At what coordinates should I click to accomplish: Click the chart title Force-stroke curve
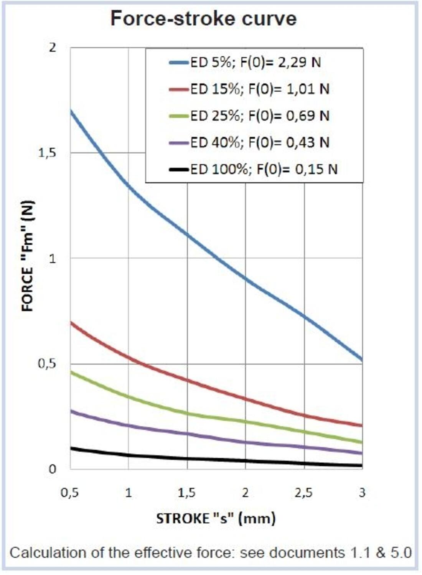(204, 18)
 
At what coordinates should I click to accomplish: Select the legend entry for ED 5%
(255, 62)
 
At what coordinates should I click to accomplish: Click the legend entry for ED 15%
(260, 89)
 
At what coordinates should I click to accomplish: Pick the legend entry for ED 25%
(260, 116)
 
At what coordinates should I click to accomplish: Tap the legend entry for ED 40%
(260, 143)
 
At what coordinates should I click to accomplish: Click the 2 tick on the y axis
(53, 48)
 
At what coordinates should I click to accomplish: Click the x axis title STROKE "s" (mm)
(216, 519)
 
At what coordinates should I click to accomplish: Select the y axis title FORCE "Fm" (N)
(28, 256)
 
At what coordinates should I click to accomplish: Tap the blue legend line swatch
(179, 62)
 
